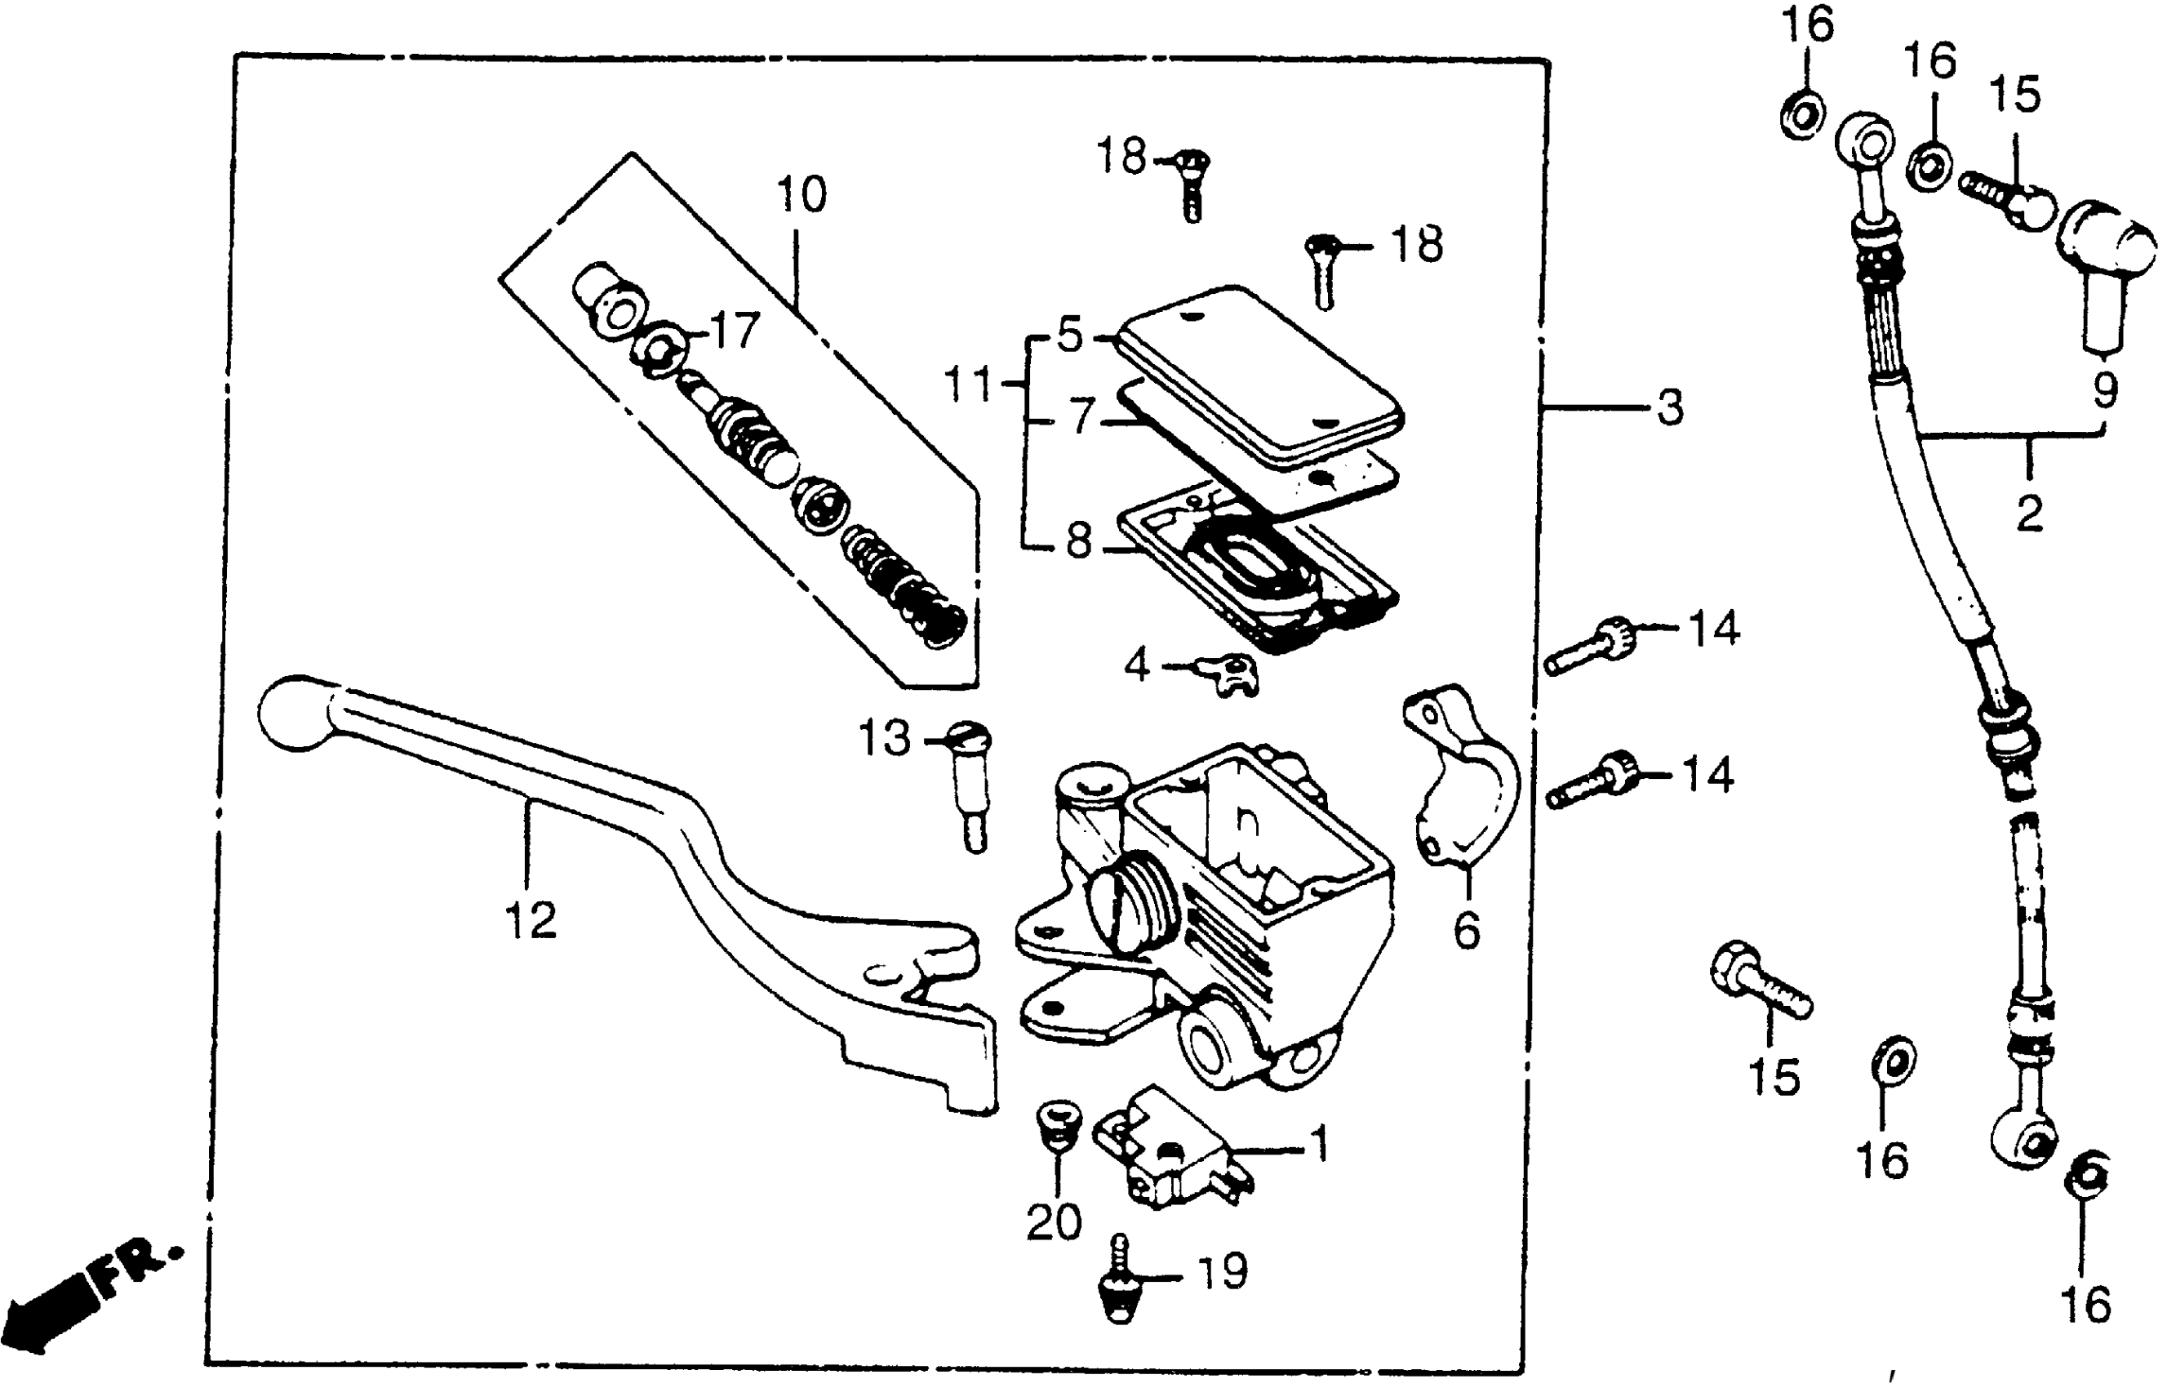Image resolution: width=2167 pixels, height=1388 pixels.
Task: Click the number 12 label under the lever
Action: click(x=531, y=921)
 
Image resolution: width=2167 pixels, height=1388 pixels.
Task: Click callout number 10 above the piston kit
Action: click(x=800, y=194)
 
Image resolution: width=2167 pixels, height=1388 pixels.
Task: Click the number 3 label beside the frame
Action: click(x=1670, y=407)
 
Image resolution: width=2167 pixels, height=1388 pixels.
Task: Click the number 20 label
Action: click(x=1054, y=1223)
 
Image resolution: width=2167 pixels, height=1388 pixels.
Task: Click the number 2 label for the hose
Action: click(x=2029, y=514)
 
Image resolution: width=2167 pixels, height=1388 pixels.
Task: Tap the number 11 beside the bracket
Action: click(x=967, y=385)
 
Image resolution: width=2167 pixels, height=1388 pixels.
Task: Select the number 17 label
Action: click(x=736, y=331)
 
